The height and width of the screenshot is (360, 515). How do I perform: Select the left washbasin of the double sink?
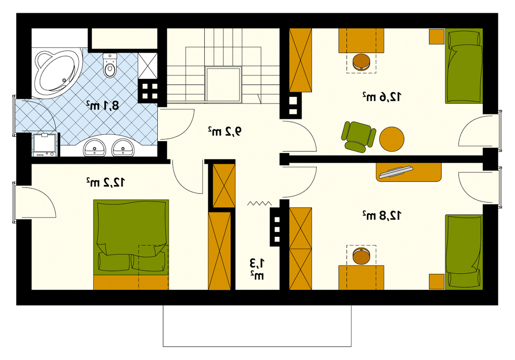[x=95, y=148]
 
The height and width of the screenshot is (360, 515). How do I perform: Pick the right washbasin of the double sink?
[x=123, y=148]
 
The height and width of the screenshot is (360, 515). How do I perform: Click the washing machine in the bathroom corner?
[x=44, y=145]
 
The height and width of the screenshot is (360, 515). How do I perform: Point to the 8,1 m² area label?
[x=102, y=105]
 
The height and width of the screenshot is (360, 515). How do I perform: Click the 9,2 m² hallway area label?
[x=225, y=131]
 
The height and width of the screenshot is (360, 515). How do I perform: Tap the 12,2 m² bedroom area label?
[x=105, y=182]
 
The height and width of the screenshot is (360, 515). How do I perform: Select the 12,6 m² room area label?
[x=382, y=97]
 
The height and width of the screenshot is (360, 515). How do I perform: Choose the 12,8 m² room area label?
[x=382, y=215]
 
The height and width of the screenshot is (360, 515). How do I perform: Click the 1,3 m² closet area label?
[x=257, y=269]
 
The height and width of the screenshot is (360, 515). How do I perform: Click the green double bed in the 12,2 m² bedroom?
[x=131, y=244]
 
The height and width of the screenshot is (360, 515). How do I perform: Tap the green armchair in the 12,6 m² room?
[x=358, y=136]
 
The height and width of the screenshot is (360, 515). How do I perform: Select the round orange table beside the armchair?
[x=392, y=139]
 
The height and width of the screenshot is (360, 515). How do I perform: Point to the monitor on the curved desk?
[x=396, y=172]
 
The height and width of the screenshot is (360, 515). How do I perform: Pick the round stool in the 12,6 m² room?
[x=361, y=62]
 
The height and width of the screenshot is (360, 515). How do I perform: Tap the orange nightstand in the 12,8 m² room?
[x=437, y=282]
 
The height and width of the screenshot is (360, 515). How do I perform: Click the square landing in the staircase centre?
[x=223, y=85]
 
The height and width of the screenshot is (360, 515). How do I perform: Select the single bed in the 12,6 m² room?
[x=464, y=66]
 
